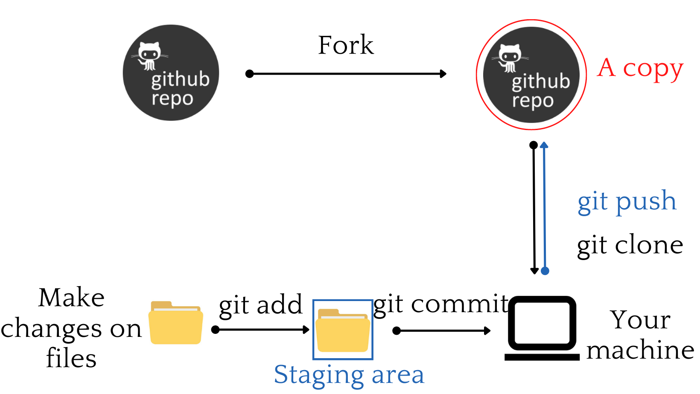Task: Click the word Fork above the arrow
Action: pyautogui.click(x=346, y=45)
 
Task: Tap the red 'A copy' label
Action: pyautogui.click(x=640, y=69)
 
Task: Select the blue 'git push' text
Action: pyautogui.click(x=627, y=202)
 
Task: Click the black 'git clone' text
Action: pyautogui.click(x=630, y=246)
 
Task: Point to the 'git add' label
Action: pyautogui.click(x=260, y=305)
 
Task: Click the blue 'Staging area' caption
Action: pyautogui.click(x=349, y=375)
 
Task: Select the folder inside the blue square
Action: pyautogui.click(x=343, y=330)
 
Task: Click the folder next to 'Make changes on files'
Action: pyautogui.click(x=175, y=323)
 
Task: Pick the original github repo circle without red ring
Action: pyautogui.click(x=171, y=72)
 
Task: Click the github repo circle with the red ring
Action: pyautogui.click(x=531, y=75)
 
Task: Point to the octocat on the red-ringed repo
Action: pyautogui.click(x=510, y=58)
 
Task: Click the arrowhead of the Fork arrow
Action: pyautogui.click(x=443, y=74)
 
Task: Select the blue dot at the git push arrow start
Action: pyautogui.click(x=545, y=271)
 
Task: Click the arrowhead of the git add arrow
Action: pyautogui.click(x=306, y=330)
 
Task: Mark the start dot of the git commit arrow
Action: pyautogui.click(x=397, y=330)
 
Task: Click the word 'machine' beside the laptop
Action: pyautogui.click(x=640, y=351)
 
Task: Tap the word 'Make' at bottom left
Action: pyautogui.click(x=71, y=298)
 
